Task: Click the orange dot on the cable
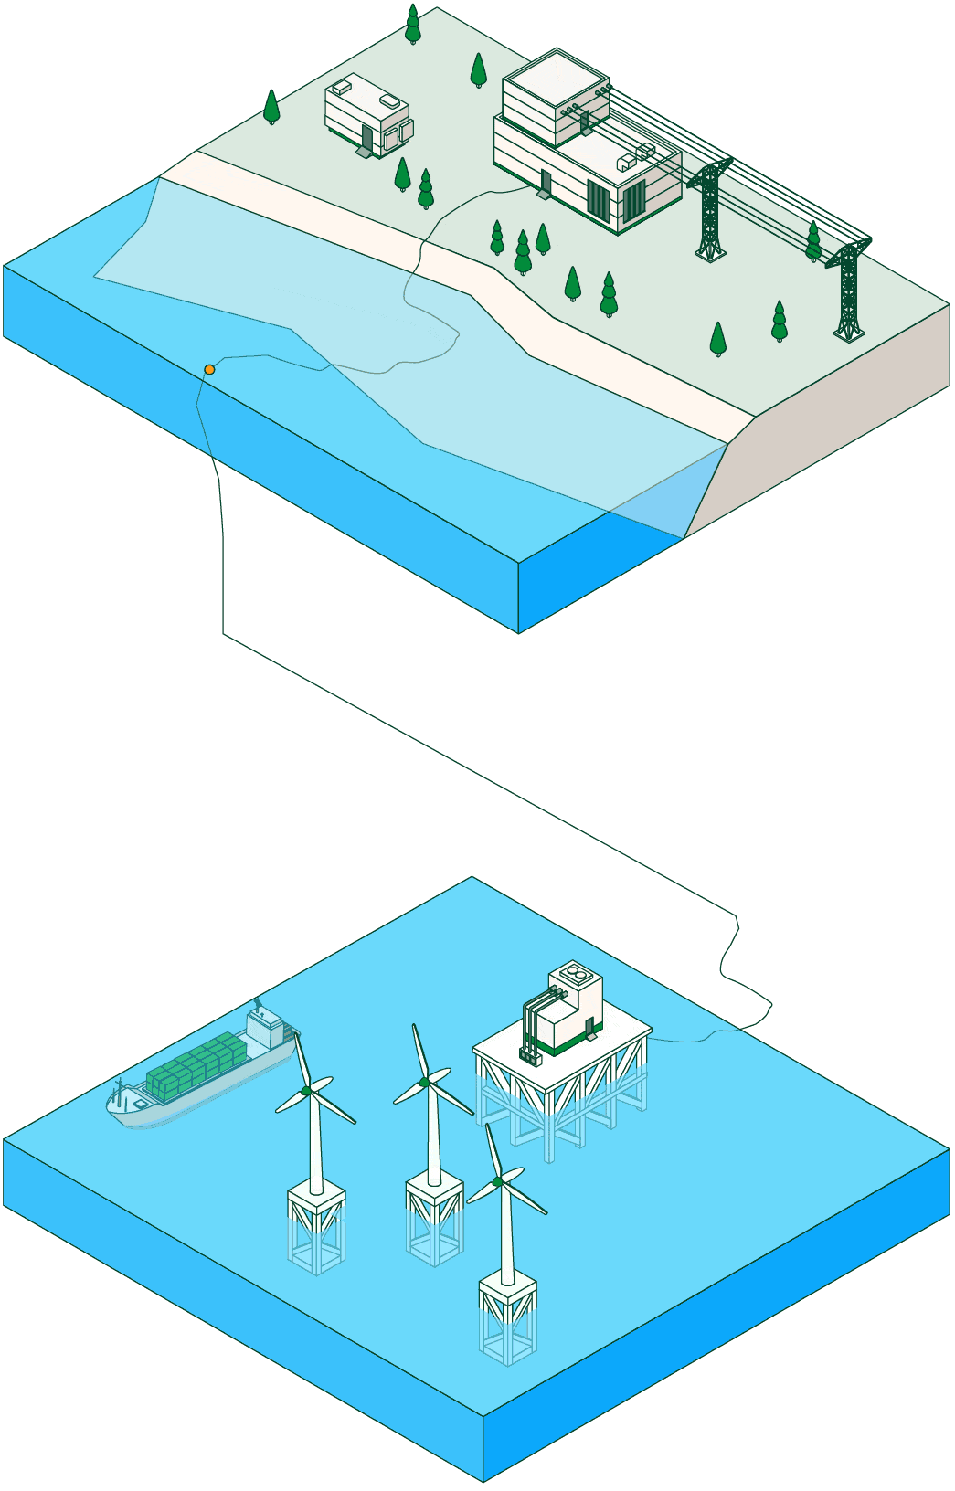pos(209,369)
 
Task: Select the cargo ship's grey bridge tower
pos(266,1028)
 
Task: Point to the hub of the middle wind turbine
pos(424,1082)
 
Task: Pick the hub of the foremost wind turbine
pos(497,1182)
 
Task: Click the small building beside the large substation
pos(366,114)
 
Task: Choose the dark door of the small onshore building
pos(367,139)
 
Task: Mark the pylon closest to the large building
pos(710,210)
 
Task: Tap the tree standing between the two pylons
pos(813,240)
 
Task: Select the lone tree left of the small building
pos(271,106)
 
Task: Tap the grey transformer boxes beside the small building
pos(398,135)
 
